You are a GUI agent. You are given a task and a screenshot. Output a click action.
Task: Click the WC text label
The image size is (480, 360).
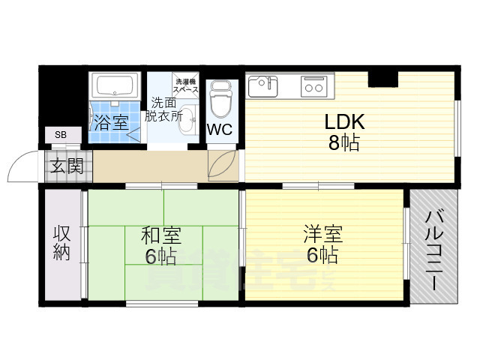click(x=220, y=129)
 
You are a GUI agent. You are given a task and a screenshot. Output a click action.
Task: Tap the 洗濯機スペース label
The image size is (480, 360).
click(x=187, y=85)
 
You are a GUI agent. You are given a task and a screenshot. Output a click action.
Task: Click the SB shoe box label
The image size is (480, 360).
click(x=59, y=134)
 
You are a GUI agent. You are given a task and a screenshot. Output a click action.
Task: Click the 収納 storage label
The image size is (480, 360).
click(x=61, y=243)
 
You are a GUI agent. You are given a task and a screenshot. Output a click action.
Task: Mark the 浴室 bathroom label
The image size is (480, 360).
click(x=111, y=123)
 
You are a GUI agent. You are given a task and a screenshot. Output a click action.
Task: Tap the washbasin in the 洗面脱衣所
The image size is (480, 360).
click(x=187, y=117)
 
